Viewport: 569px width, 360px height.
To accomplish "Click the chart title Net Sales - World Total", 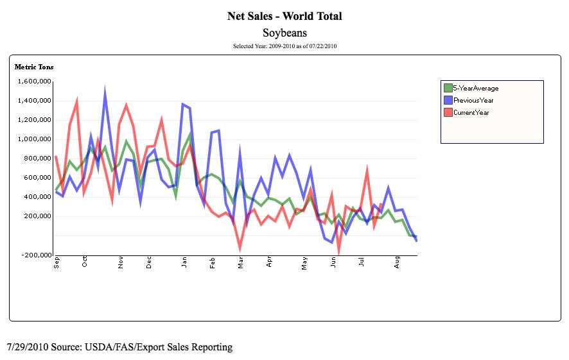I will [x=284, y=16].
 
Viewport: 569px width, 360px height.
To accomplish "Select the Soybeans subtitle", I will [x=284, y=32].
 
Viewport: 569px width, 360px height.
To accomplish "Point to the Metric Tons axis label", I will [x=34, y=66].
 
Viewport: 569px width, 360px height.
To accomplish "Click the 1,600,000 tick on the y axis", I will [x=33, y=81].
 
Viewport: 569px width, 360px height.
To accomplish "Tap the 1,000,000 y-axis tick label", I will [x=33, y=139].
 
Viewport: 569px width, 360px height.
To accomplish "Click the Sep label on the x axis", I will [x=57, y=262].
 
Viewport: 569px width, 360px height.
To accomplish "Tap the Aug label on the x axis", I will [x=398, y=262].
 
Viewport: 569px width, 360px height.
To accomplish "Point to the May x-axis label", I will [x=304, y=262].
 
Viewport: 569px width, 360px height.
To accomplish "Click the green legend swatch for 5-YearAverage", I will [x=448, y=88].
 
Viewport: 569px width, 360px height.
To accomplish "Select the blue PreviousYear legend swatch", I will [x=448, y=100].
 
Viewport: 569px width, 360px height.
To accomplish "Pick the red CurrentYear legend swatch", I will [x=448, y=112].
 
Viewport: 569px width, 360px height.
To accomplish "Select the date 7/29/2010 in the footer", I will [x=26, y=347].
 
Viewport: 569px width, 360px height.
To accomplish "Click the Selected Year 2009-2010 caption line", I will [x=284, y=46].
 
